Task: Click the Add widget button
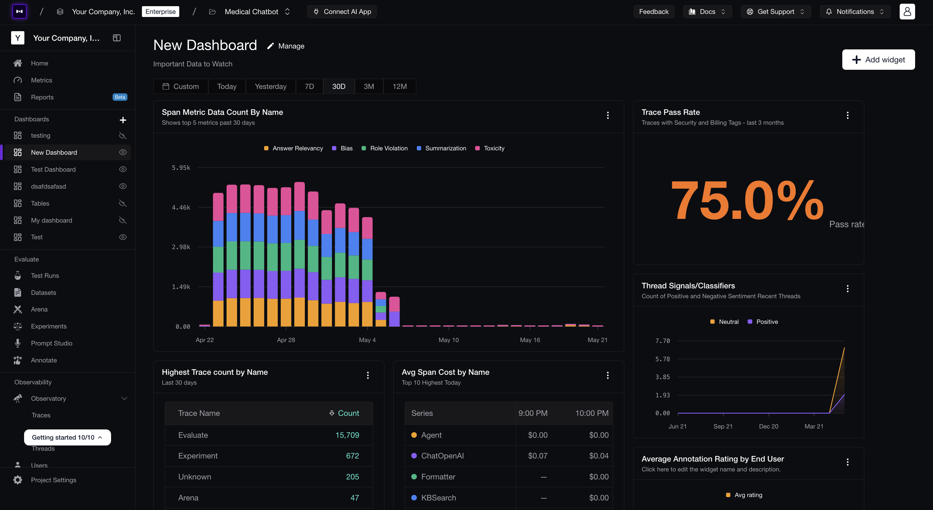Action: click(x=878, y=60)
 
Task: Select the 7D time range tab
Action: click(x=309, y=86)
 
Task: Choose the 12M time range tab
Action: click(x=400, y=86)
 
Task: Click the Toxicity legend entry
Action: click(x=490, y=148)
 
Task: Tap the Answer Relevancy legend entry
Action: click(x=293, y=148)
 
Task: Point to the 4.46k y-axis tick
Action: click(x=181, y=207)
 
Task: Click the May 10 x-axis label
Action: click(x=448, y=340)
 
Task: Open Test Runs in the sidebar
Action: click(x=45, y=275)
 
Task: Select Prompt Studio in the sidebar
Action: click(x=52, y=343)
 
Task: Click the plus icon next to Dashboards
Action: click(x=123, y=120)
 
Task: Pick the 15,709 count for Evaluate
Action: click(x=347, y=435)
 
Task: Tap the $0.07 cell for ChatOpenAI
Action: click(x=537, y=456)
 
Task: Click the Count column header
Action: click(x=344, y=413)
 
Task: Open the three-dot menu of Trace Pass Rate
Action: click(x=848, y=115)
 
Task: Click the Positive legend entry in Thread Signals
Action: click(x=763, y=322)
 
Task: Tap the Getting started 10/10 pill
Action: click(x=67, y=437)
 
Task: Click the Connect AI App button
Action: click(x=342, y=12)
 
